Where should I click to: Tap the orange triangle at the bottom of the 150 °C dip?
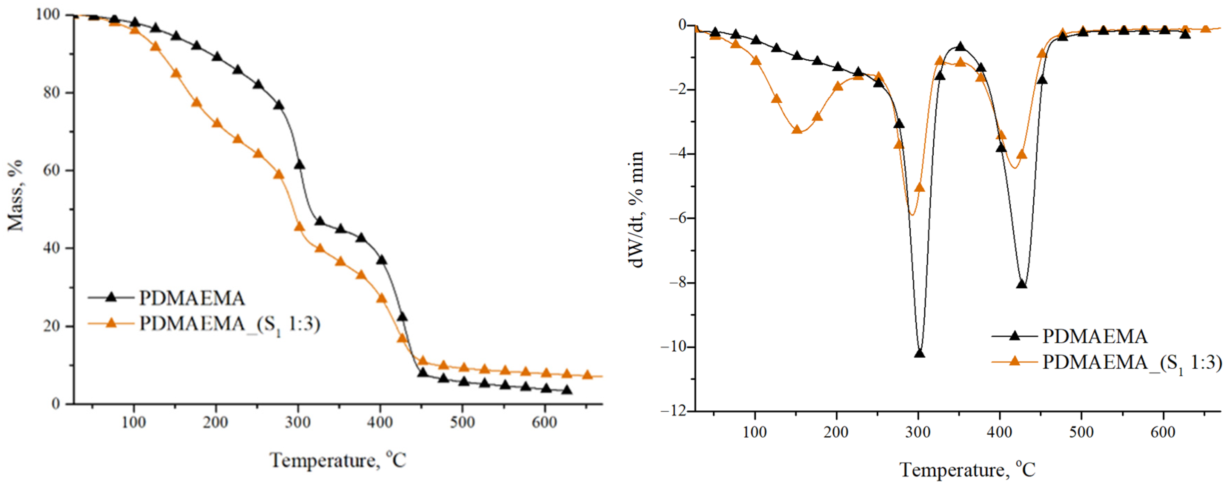(x=797, y=129)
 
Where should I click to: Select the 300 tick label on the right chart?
(x=918, y=432)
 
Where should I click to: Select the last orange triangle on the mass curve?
(x=587, y=375)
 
